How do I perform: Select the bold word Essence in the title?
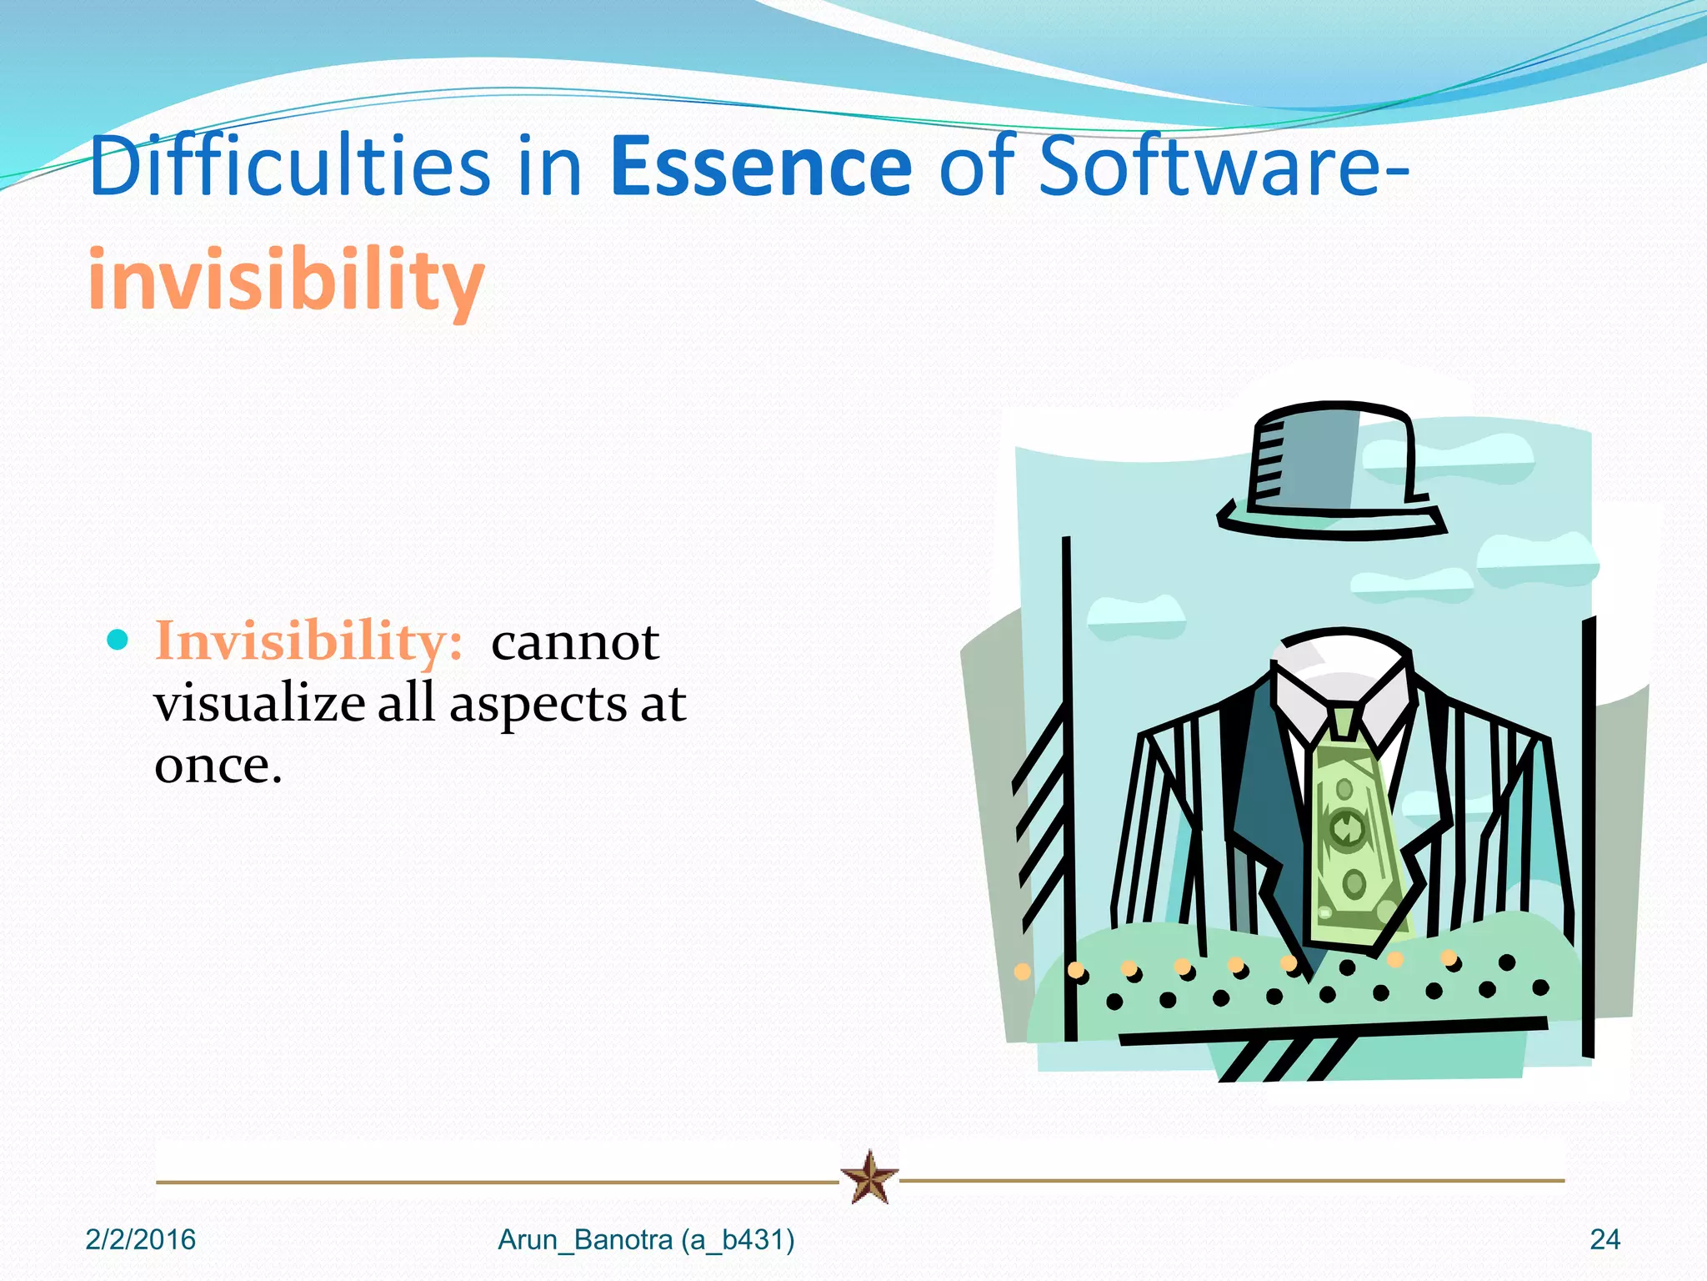761,168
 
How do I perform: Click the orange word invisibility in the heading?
286,279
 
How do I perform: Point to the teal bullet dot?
118,640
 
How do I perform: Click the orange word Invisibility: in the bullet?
308,642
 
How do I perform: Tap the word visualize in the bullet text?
258,705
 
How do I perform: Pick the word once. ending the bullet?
218,766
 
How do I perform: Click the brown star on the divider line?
869,1178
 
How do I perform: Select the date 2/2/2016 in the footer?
140,1240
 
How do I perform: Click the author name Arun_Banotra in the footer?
585,1240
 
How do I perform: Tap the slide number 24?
1604,1240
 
